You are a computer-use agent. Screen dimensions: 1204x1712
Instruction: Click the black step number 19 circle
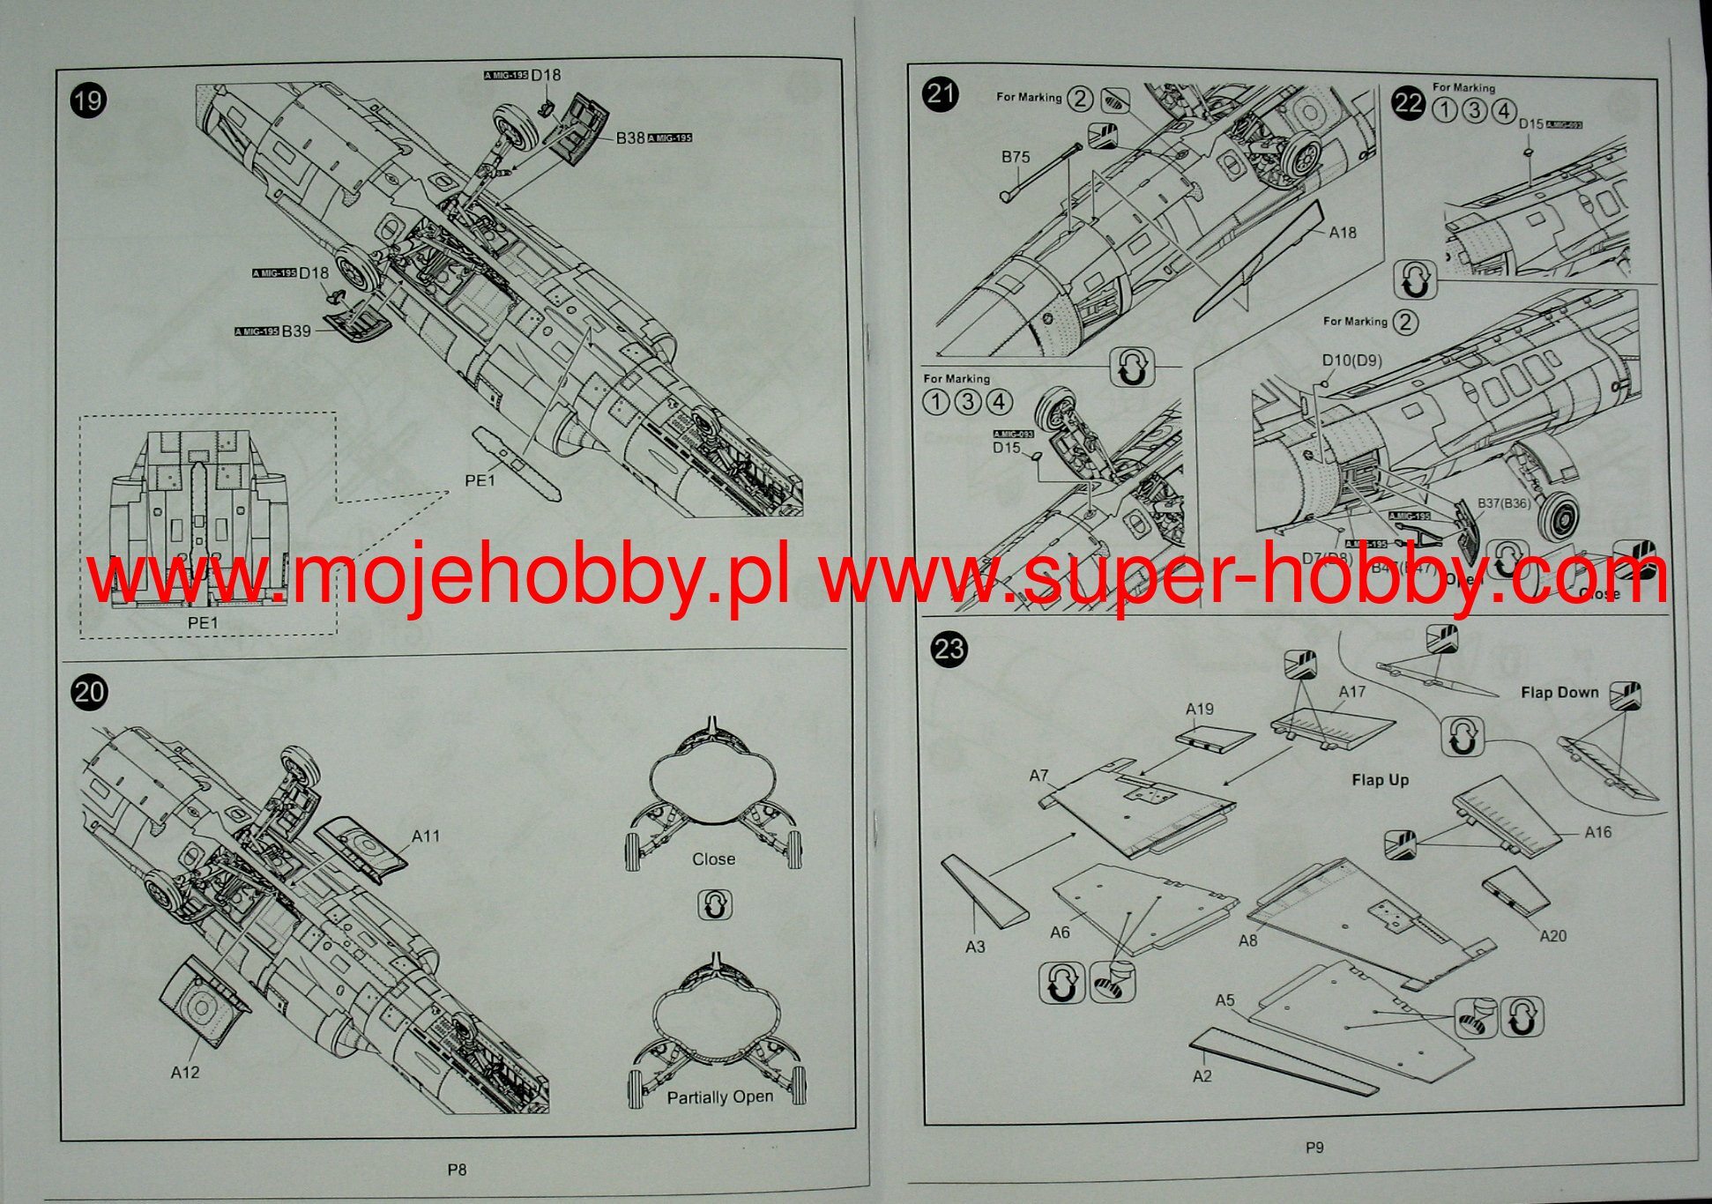88,100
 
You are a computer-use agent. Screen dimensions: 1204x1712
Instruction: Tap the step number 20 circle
89,692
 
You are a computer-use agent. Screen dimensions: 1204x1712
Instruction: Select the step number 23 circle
949,650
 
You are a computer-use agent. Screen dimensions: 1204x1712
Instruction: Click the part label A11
426,836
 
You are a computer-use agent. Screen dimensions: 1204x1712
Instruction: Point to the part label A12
185,1073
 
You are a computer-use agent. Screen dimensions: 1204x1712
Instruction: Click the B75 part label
1016,157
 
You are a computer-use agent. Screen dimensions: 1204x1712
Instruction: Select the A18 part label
1343,233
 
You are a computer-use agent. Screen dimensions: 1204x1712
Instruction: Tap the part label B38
630,138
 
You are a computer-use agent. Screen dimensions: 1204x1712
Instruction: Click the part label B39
296,331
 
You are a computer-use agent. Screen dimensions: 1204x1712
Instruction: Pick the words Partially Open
719,1097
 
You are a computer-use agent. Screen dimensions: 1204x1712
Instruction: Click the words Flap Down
1559,693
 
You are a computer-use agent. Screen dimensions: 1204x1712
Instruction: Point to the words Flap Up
1381,780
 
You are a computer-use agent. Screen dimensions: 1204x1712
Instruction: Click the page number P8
457,1170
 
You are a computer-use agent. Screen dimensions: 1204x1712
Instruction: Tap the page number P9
1314,1148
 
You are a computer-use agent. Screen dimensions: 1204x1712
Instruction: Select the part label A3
975,947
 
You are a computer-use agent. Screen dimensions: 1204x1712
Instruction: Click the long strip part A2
1283,1061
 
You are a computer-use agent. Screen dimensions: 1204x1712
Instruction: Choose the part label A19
1200,710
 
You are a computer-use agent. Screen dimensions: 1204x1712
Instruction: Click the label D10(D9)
1352,360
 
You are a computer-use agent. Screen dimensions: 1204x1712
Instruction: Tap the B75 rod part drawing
1042,171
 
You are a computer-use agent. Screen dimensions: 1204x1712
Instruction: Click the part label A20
1553,936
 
